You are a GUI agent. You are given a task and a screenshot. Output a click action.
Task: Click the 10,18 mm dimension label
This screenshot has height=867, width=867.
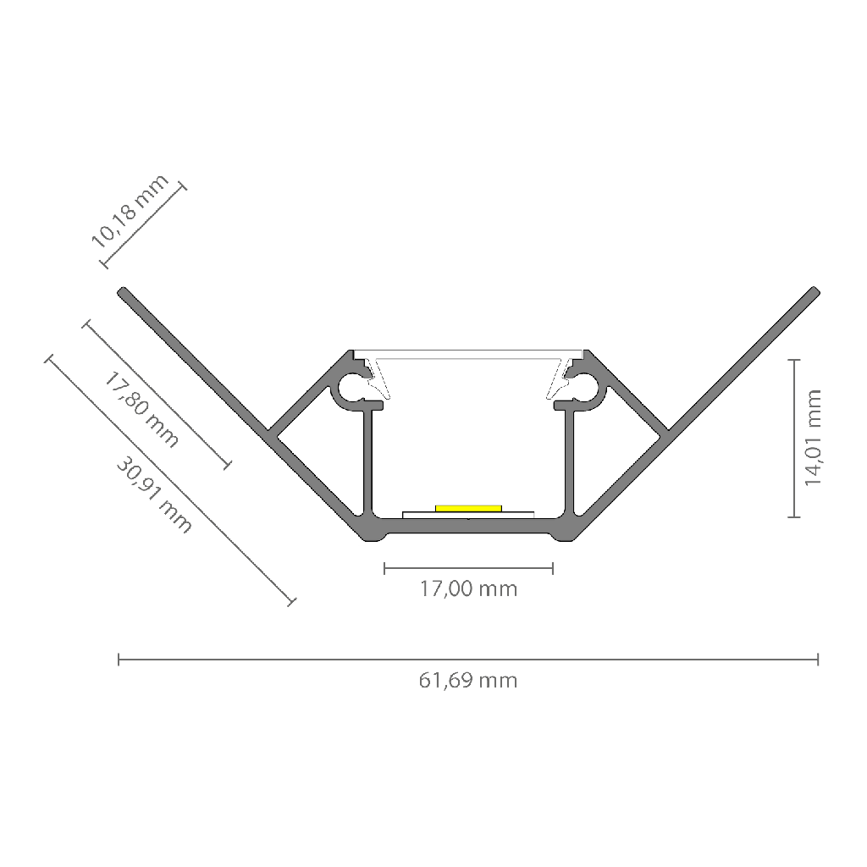[130, 211]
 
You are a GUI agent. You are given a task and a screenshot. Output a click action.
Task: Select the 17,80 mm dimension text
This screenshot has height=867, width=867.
[141, 410]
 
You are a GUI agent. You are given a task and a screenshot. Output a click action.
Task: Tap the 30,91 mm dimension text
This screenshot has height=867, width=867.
[154, 494]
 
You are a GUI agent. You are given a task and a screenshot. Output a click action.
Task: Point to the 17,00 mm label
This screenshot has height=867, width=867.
[468, 589]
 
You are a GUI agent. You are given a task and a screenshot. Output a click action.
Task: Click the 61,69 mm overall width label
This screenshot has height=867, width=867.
[468, 680]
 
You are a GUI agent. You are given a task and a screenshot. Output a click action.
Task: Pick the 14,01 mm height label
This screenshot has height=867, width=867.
[814, 438]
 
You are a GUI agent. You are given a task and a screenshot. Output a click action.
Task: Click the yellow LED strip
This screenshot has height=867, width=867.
[468, 508]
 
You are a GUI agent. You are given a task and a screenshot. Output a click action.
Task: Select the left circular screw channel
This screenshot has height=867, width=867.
[351, 387]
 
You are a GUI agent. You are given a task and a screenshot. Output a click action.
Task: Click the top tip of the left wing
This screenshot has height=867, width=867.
[122, 291]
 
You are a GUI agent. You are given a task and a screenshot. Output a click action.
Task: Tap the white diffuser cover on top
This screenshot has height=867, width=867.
[468, 354]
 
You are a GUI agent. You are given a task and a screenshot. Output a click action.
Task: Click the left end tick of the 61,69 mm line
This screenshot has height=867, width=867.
[119, 659]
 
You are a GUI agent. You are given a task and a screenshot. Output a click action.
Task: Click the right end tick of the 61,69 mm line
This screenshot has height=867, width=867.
[818, 659]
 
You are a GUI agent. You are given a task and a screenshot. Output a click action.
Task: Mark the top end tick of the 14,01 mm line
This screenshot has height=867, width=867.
[794, 360]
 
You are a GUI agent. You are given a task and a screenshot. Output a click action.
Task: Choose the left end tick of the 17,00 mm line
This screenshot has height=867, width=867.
[385, 568]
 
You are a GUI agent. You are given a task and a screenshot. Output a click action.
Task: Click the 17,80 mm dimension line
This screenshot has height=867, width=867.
[157, 395]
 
